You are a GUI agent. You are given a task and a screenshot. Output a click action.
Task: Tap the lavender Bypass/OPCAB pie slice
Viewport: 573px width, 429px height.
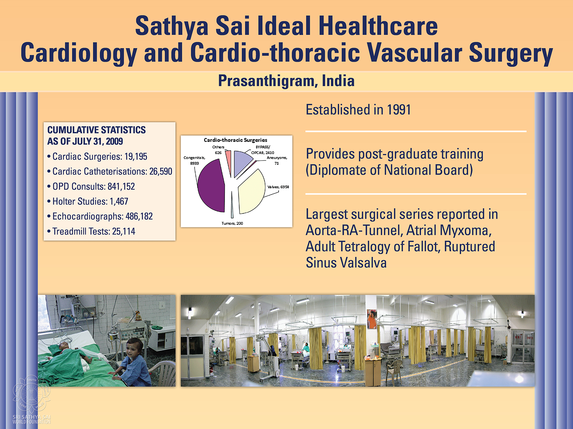click(241, 163)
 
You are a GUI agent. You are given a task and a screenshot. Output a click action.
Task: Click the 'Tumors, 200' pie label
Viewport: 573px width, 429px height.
click(232, 223)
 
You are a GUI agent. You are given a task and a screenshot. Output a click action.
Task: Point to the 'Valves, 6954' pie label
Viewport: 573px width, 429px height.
click(278, 187)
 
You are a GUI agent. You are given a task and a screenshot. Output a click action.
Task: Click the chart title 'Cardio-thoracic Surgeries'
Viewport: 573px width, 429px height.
click(235, 140)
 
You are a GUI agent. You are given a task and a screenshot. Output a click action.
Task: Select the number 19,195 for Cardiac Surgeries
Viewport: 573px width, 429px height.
click(136, 157)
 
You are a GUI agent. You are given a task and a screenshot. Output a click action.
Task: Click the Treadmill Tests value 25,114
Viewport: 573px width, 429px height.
click(124, 231)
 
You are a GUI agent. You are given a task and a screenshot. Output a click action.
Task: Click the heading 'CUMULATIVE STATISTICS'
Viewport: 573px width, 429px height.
click(97, 130)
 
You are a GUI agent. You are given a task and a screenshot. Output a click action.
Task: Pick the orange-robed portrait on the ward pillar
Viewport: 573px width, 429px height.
click(372, 319)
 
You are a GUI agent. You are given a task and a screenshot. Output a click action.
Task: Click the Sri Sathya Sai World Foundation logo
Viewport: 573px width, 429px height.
click(32, 401)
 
